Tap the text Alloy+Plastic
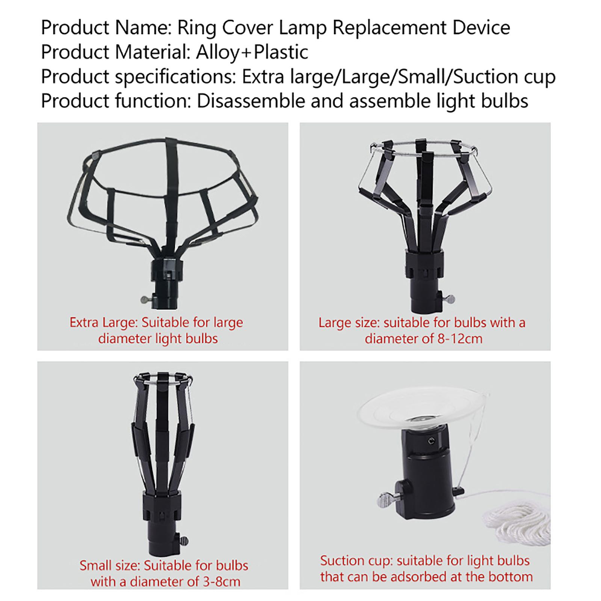coord(252,52)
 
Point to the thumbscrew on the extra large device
coord(146,299)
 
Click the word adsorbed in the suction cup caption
coord(424,577)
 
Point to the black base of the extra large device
coord(167,280)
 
